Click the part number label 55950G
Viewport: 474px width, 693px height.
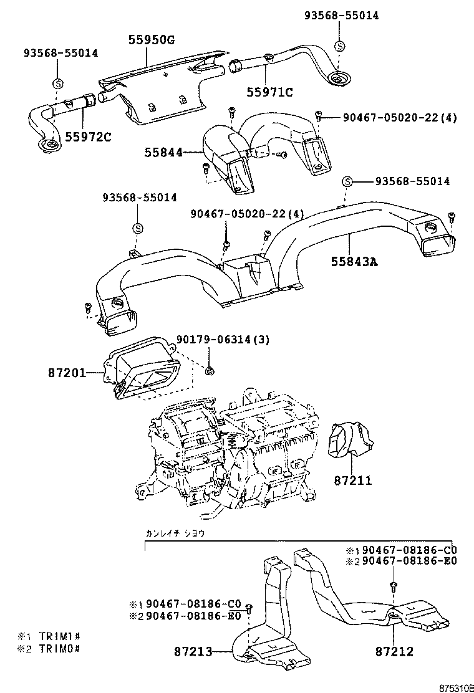point(152,40)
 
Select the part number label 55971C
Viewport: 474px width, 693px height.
point(269,92)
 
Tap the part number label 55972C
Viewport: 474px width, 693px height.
point(87,136)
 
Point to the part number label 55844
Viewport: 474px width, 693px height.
point(163,152)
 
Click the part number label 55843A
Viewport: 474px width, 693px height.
point(354,262)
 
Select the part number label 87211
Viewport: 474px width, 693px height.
point(352,480)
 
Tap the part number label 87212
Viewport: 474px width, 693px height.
point(394,652)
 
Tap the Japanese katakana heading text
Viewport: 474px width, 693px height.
point(175,533)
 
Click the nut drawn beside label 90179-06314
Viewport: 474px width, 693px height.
point(210,371)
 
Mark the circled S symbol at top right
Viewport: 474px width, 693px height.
point(339,45)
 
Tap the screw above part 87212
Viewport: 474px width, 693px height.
point(394,585)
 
